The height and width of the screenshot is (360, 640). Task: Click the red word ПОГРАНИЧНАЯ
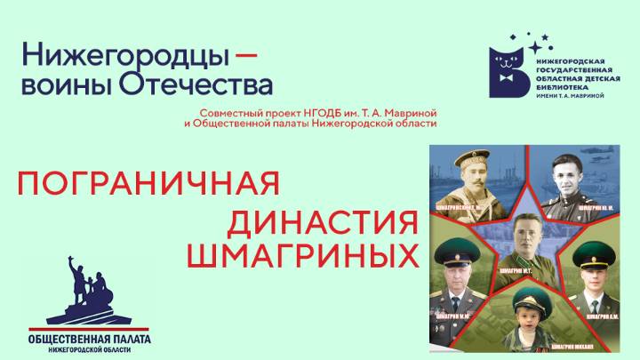(149, 184)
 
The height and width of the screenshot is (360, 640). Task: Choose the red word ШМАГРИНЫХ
(302, 256)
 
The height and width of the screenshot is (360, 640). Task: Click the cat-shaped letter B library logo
(508, 69)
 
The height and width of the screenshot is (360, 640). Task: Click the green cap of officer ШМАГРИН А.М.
(589, 257)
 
